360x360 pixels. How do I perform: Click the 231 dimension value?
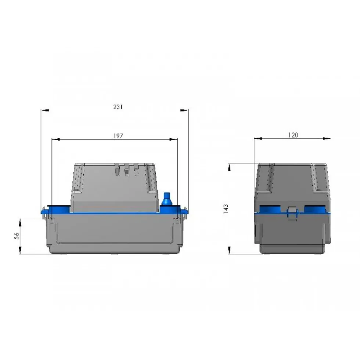[118, 107]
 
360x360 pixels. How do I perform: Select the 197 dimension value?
[118, 136]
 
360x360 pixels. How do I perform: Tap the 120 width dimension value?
[293, 135]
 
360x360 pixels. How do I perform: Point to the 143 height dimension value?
[226, 209]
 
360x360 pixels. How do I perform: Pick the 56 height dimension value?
[17, 236]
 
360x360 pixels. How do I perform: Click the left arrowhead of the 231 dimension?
[45, 110]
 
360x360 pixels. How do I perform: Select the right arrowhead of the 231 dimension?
[184, 110]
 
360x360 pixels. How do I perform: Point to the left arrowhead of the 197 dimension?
[56, 139]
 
